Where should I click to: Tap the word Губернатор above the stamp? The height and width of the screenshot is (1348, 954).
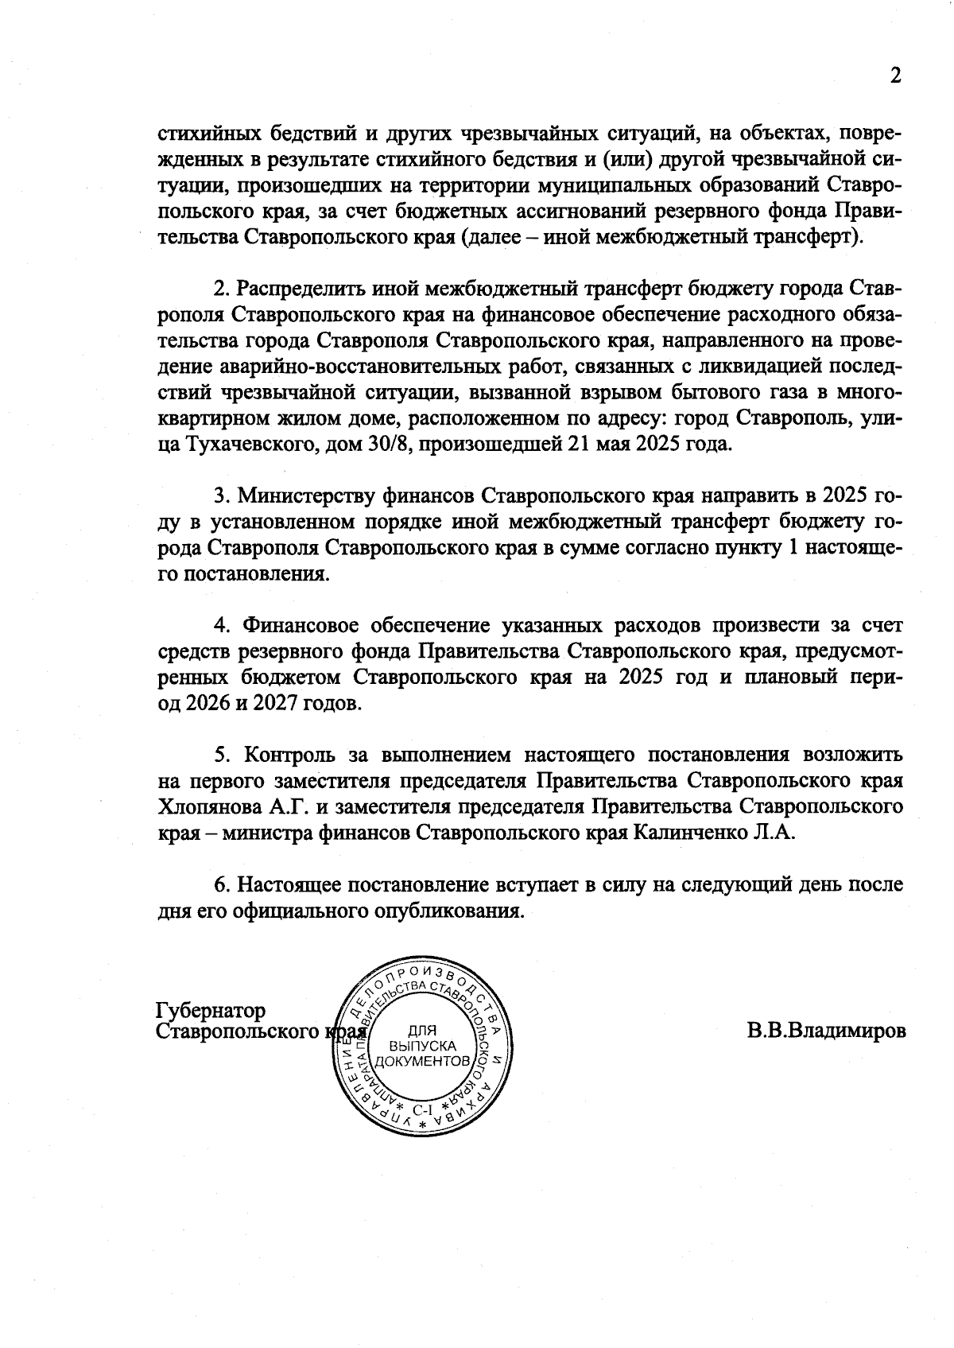pyautogui.click(x=211, y=1011)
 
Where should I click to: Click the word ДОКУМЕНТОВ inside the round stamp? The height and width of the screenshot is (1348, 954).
pyautogui.click(x=423, y=1062)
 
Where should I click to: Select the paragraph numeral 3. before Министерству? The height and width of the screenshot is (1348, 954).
pyautogui.click(x=222, y=496)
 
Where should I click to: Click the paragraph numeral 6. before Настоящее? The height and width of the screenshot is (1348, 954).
pyautogui.click(x=222, y=884)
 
